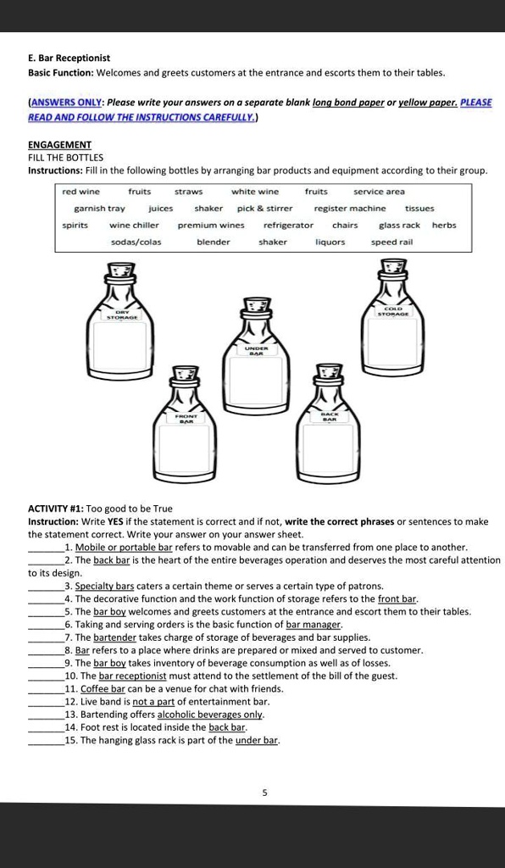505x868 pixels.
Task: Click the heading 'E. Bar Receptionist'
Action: point(69,58)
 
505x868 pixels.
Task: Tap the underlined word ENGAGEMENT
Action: point(59,144)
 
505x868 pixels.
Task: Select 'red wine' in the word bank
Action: point(80,192)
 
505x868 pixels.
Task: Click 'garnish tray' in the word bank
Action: point(99,209)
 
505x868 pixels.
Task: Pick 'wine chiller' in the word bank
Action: point(134,225)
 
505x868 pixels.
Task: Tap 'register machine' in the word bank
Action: point(350,209)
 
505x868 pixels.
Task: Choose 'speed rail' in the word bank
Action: point(391,242)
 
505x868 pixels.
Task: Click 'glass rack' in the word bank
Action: point(399,225)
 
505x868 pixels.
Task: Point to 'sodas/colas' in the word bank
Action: point(136,242)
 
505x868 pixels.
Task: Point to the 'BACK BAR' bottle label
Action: point(329,416)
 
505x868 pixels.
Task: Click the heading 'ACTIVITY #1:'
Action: point(56,509)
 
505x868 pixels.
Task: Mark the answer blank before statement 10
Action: point(46,676)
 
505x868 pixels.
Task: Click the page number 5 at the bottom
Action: point(264,793)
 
